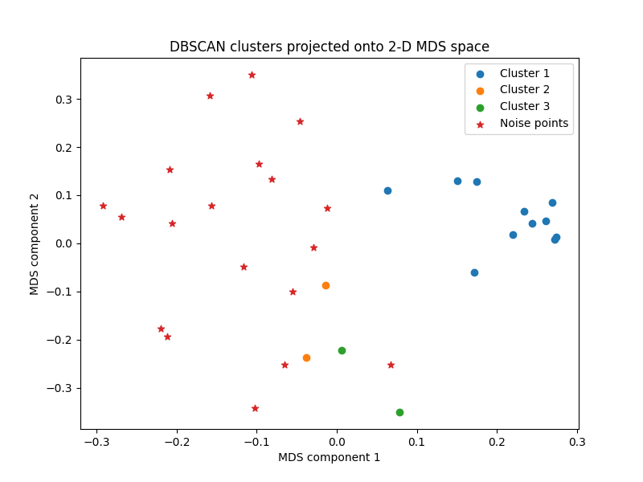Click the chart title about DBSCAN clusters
(x=329, y=47)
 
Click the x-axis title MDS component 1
(x=329, y=457)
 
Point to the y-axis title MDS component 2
(x=35, y=243)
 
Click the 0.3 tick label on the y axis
(x=63, y=100)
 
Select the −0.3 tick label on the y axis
(x=60, y=388)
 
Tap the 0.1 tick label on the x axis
(x=416, y=441)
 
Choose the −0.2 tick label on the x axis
(x=176, y=441)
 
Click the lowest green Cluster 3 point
(x=399, y=412)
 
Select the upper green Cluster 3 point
(x=342, y=350)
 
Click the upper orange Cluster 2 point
(x=326, y=285)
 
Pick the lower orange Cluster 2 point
(x=306, y=357)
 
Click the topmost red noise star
(x=252, y=75)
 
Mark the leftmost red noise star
(x=103, y=206)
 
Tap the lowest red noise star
(x=255, y=408)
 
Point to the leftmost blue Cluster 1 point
(x=387, y=190)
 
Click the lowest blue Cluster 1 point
(x=474, y=272)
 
